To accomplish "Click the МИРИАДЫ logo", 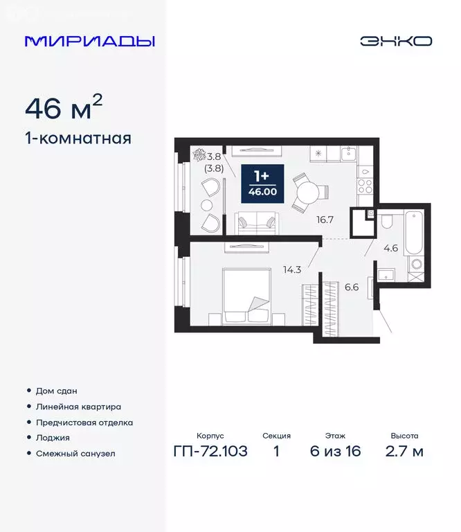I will [89, 41].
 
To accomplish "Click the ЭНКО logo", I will [395, 41].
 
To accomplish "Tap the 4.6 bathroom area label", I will [391, 247].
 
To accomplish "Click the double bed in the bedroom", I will [245, 296].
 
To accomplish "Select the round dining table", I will [306, 191].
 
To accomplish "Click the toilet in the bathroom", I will [388, 221].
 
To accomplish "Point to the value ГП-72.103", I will [210, 452].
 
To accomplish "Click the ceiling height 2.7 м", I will [404, 452].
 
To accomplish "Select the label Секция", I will [277, 436].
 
